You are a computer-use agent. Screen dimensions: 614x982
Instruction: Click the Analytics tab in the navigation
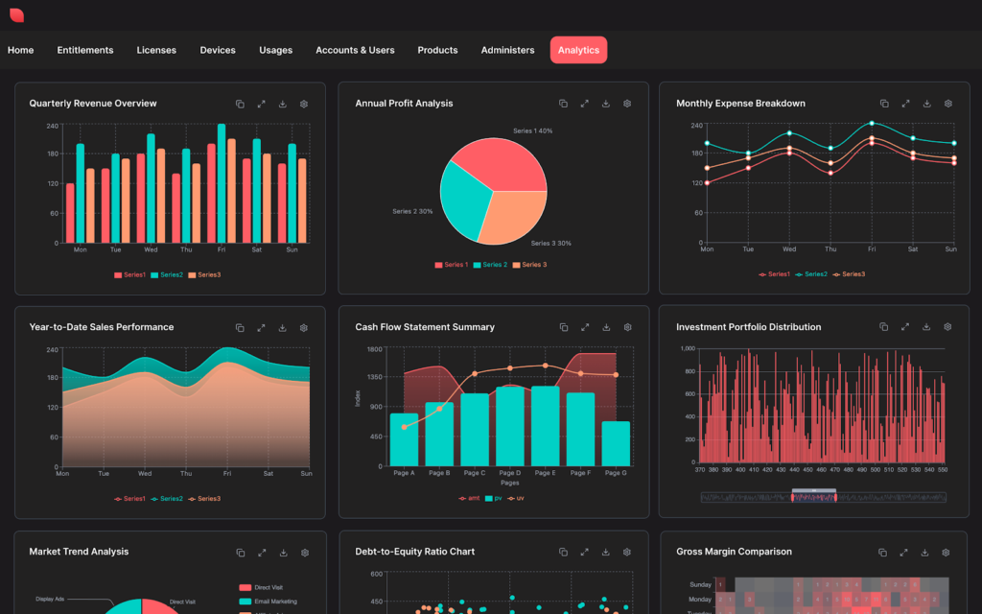click(x=578, y=50)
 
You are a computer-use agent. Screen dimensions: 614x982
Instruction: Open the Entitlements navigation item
click(x=85, y=50)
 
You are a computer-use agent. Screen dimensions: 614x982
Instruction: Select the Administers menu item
click(x=507, y=50)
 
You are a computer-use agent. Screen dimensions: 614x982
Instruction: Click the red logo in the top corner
click(x=16, y=15)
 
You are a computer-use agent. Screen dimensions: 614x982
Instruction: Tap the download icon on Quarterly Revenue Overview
click(x=283, y=104)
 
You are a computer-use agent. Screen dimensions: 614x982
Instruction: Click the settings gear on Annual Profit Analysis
click(x=627, y=104)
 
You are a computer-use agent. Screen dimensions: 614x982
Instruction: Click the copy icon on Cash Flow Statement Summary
click(x=564, y=327)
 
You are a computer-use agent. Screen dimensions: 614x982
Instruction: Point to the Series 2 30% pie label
click(x=412, y=211)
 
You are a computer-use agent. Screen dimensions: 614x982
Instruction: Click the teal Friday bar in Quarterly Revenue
click(x=222, y=182)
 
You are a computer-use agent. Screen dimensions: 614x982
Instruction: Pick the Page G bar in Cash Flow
click(x=616, y=443)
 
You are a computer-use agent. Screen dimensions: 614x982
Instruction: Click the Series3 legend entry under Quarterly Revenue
click(x=204, y=275)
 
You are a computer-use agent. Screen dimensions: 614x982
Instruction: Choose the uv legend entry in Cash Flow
click(x=516, y=498)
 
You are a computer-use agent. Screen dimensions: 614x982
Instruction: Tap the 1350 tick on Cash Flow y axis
click(x=374, y=377)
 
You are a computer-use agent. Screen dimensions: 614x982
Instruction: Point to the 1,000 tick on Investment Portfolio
click(x=687, y=349)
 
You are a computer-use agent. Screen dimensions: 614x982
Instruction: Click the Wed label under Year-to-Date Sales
click(x=145, y=473)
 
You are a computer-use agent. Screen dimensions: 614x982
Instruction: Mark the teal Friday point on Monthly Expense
click(x=872, y=123)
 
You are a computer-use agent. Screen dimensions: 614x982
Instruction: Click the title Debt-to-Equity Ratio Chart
click(x=414, y=552)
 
